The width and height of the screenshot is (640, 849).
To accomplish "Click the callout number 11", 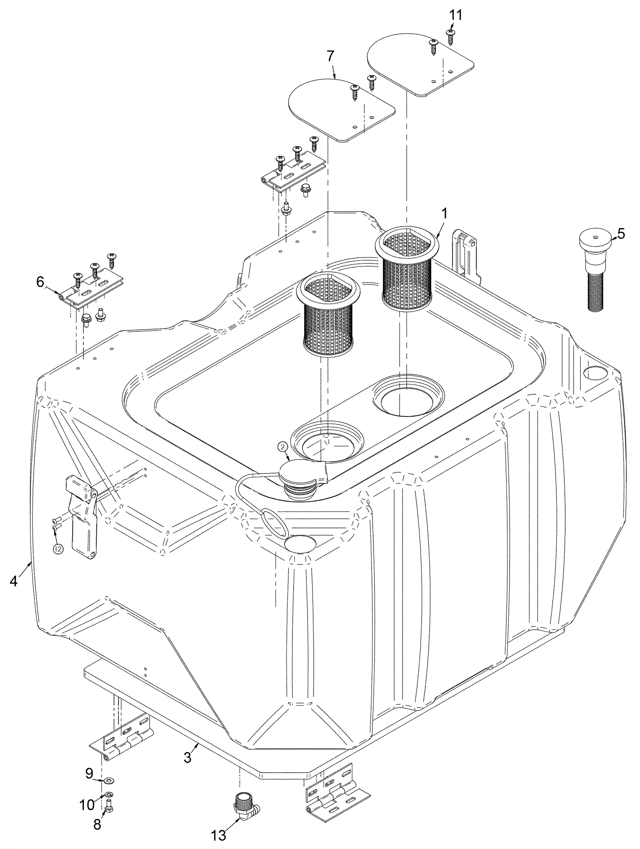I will (455, 15).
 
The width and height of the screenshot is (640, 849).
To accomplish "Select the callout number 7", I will (330, 56).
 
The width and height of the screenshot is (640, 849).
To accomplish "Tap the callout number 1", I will (444, 213).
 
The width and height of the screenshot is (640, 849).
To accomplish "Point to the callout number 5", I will (620, 234).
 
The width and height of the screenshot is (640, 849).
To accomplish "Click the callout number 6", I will (40, 282).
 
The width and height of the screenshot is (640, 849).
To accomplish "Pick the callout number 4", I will (14, 581).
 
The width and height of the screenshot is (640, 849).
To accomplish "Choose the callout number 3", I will (188, 758).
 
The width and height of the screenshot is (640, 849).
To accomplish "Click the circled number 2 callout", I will (282, 447).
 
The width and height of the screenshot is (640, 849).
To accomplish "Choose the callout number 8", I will (97, 824).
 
